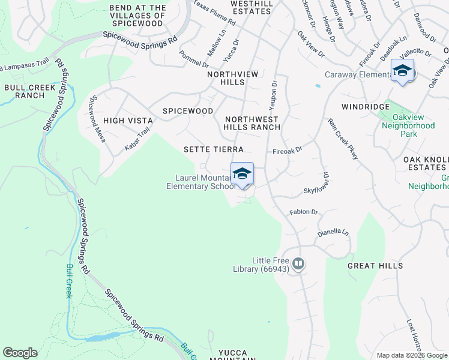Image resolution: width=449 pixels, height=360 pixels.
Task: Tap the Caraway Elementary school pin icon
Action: coord(402,71)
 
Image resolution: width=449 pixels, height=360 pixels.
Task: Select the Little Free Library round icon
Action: coord(298,263)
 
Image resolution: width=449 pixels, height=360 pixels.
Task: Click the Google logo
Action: coord(20,353)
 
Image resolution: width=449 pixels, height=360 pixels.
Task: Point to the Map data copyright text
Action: coord(412,355)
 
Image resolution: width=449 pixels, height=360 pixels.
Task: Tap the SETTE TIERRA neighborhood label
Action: coord(213,149)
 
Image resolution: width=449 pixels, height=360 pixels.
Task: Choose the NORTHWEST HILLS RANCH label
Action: coord(252,123)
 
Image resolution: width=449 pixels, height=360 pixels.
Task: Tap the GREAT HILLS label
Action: coord(370,265)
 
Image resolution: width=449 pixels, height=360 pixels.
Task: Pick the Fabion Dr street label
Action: coord(303,212)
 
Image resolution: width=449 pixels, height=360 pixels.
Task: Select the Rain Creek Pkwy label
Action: coord(343,139)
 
